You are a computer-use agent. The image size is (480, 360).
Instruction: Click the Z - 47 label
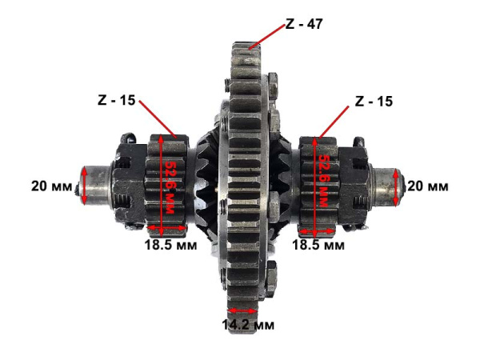point(304,23)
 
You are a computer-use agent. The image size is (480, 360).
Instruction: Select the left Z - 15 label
point(116,100)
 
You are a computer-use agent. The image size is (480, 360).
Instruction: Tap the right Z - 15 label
point(374,102)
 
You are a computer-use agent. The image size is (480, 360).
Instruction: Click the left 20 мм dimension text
point(52,186)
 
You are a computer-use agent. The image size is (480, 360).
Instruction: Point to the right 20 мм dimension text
point(428,186)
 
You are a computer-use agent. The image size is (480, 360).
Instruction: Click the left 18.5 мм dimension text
point(170,245)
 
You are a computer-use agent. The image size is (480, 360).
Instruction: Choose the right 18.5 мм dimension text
point(318,245)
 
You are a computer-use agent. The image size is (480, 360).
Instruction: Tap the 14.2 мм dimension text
point(248,325)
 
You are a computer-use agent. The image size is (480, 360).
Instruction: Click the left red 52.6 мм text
point(170,186)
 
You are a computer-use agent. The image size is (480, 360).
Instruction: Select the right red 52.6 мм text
point(323,181)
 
